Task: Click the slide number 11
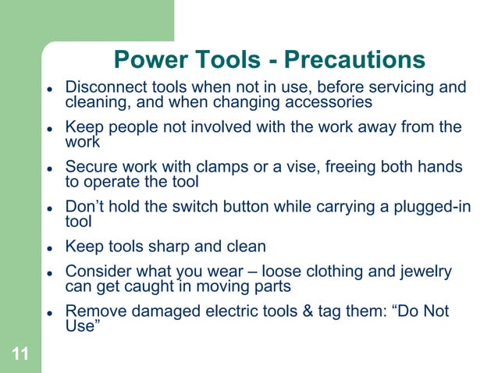click(21, 356)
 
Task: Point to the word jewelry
click(422, 271)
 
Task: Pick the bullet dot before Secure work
click(48, 168)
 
